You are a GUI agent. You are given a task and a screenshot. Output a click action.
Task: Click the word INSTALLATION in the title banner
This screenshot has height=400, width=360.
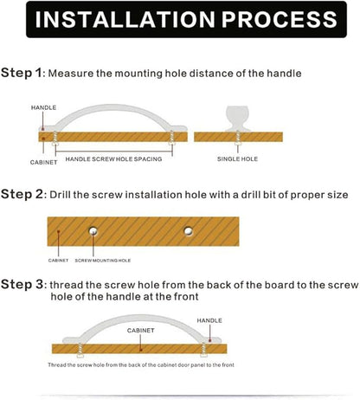click(x=125, y=19)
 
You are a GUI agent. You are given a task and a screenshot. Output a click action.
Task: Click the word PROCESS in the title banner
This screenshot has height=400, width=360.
click(x=280, y=19)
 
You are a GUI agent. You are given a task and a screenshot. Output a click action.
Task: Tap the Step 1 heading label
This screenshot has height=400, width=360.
click(x=22, y=73)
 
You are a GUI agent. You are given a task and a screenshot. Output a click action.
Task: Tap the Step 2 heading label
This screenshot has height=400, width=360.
click(x=22, y=194)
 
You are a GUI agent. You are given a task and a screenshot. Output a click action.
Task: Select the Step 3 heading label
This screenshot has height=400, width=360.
click(x=22, y=284)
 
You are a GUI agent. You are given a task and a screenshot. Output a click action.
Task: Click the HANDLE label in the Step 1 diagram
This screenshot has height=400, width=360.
click(x=43, y=107)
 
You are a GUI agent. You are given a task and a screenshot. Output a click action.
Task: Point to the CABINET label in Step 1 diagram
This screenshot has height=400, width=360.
click(x=43, y=162)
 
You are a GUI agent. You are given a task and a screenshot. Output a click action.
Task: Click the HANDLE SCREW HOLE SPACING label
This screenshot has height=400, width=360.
click(x=113, y=159)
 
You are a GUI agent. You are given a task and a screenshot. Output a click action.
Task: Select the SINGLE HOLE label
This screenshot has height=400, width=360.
click(x=237, y=158)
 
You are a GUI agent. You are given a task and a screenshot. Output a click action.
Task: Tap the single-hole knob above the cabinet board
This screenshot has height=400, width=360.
click(x=238, y=119)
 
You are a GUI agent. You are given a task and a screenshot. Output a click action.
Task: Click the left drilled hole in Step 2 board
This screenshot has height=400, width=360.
click(x=93, y=231)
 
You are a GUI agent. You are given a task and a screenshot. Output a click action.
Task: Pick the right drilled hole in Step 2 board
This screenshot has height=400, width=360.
click(x=189, y=231)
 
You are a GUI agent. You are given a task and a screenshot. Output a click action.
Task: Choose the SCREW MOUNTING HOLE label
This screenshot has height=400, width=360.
click(x=103, y=261)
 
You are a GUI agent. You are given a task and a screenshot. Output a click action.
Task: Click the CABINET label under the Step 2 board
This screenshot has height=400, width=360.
click(x=58, y=261)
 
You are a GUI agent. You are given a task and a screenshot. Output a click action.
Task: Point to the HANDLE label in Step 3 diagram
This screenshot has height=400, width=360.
click(x=209, y=320)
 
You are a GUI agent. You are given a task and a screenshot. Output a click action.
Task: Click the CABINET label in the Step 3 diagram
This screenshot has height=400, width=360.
click(x=141, y=331)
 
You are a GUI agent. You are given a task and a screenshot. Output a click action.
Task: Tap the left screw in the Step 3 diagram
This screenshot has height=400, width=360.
click(x=80, y=350)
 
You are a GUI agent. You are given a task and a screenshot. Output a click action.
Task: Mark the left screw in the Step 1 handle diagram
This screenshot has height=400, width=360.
click(x=55, y=139)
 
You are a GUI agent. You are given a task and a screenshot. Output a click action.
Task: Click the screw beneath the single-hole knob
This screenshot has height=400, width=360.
click(x=238, y=138)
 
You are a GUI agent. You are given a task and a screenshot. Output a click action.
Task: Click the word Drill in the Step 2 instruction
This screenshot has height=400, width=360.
click(x=60, y=195)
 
